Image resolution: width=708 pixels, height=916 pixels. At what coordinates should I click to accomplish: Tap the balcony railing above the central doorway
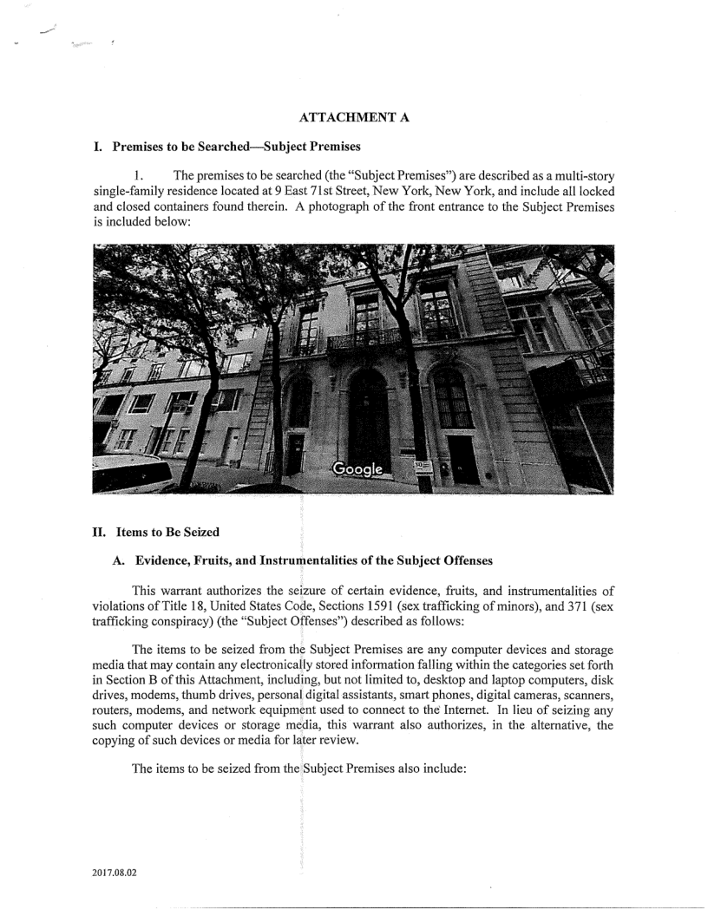pos(364,338)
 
